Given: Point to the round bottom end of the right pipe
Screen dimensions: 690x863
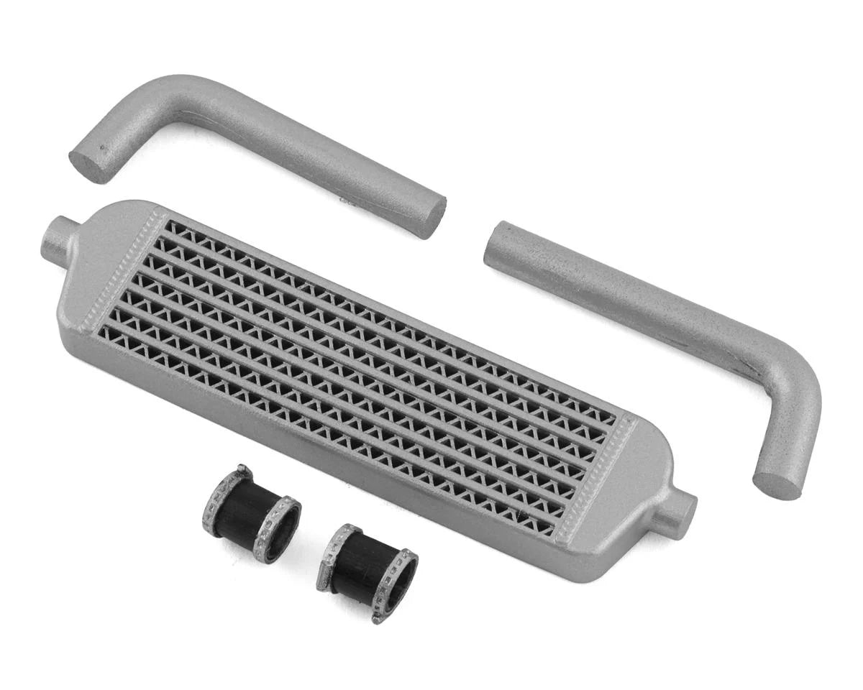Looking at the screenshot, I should (777, 485).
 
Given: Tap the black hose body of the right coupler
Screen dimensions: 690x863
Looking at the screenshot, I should (367, 568).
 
